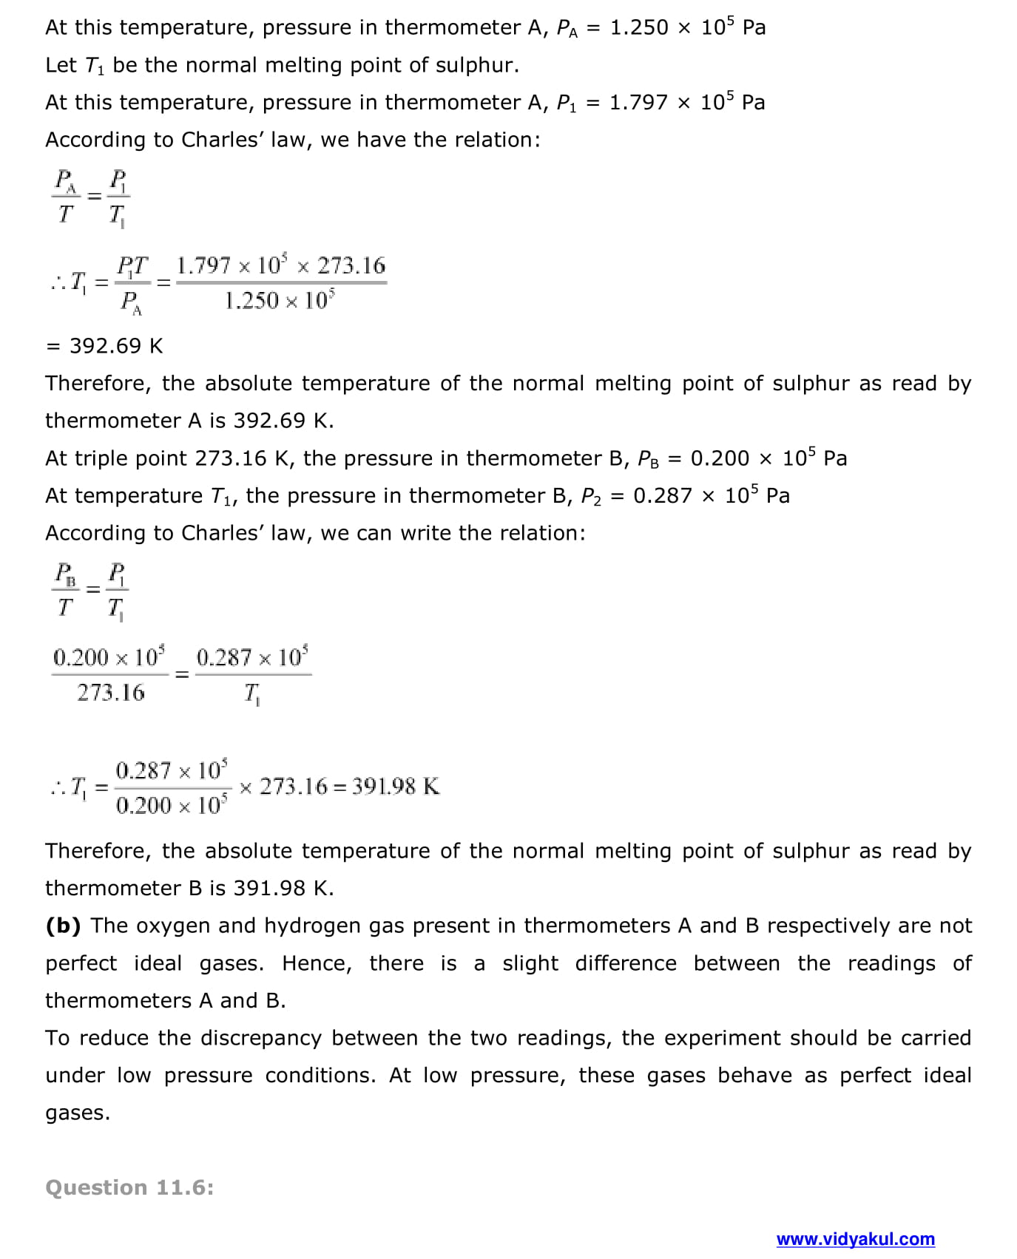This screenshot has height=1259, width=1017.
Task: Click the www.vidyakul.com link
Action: click(x=855, y=1239)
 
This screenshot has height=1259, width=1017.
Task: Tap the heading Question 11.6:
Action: click(x=129, y=1187)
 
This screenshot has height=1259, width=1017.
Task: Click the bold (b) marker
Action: click(x=63, y=926)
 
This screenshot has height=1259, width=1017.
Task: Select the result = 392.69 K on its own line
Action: click(x=104, y=346)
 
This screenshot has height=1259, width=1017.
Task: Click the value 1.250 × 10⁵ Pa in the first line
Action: click(x=687, y=27)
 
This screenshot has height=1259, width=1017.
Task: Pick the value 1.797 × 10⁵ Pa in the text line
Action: click(x=686, y=102)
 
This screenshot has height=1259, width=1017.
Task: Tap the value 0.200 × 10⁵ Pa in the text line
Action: click(x=768, y=458)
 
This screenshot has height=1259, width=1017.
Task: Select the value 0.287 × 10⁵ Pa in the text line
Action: click(x=712, y=495)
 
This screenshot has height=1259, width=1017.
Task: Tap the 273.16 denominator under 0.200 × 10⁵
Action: click(x=111, y=693)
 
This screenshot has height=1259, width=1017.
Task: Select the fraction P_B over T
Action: click(x=66, y=590)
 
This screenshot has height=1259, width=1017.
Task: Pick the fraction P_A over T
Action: click(x=66, y=197)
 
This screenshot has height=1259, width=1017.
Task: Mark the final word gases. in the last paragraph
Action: click(x=78, y=1113)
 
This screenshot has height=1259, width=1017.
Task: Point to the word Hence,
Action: click(x=317, y=963)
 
